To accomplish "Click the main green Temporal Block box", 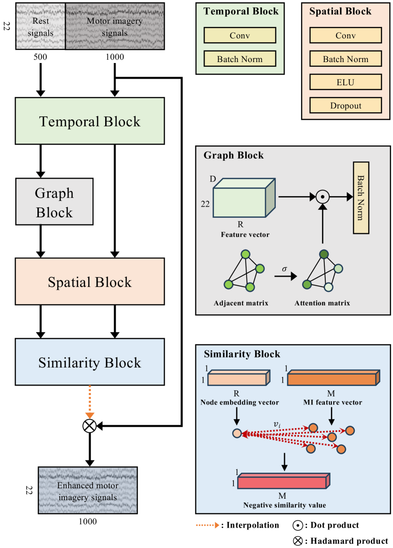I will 89,121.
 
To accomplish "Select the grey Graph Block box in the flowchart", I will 54,201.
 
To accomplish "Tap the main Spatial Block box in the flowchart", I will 89,281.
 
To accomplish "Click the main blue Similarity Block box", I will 89,362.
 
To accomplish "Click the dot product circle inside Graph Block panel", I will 322,195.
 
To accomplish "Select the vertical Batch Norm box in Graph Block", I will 361,198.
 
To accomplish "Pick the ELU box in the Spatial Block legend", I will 345,82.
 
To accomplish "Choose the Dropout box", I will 345,106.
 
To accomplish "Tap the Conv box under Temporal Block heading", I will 240,36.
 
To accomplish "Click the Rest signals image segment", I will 41,26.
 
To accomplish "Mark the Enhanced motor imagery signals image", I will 88,490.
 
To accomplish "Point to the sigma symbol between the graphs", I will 285,269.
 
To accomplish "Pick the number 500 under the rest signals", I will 41,57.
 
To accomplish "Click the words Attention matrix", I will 322,303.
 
